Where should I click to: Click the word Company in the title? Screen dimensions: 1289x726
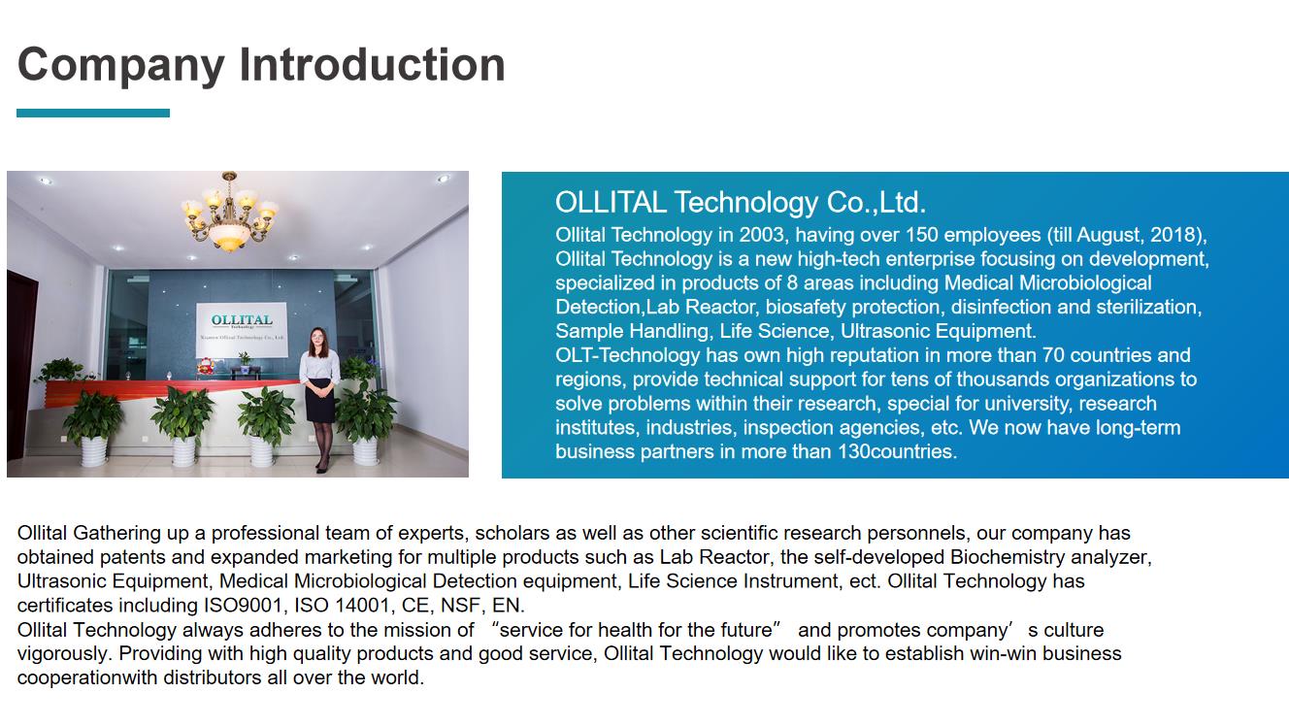(120, 66)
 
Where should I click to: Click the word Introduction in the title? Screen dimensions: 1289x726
(373, 64)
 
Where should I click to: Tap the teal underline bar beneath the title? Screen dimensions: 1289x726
(93, 113)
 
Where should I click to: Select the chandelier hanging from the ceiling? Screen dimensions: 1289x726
(229, 212)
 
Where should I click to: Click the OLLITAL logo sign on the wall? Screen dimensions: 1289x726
(242, 330)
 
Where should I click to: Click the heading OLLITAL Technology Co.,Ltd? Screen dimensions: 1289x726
(741, 203)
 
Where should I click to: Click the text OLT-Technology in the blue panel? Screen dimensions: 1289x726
(627, 355)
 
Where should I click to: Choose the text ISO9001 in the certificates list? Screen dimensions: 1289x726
(243, 606)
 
